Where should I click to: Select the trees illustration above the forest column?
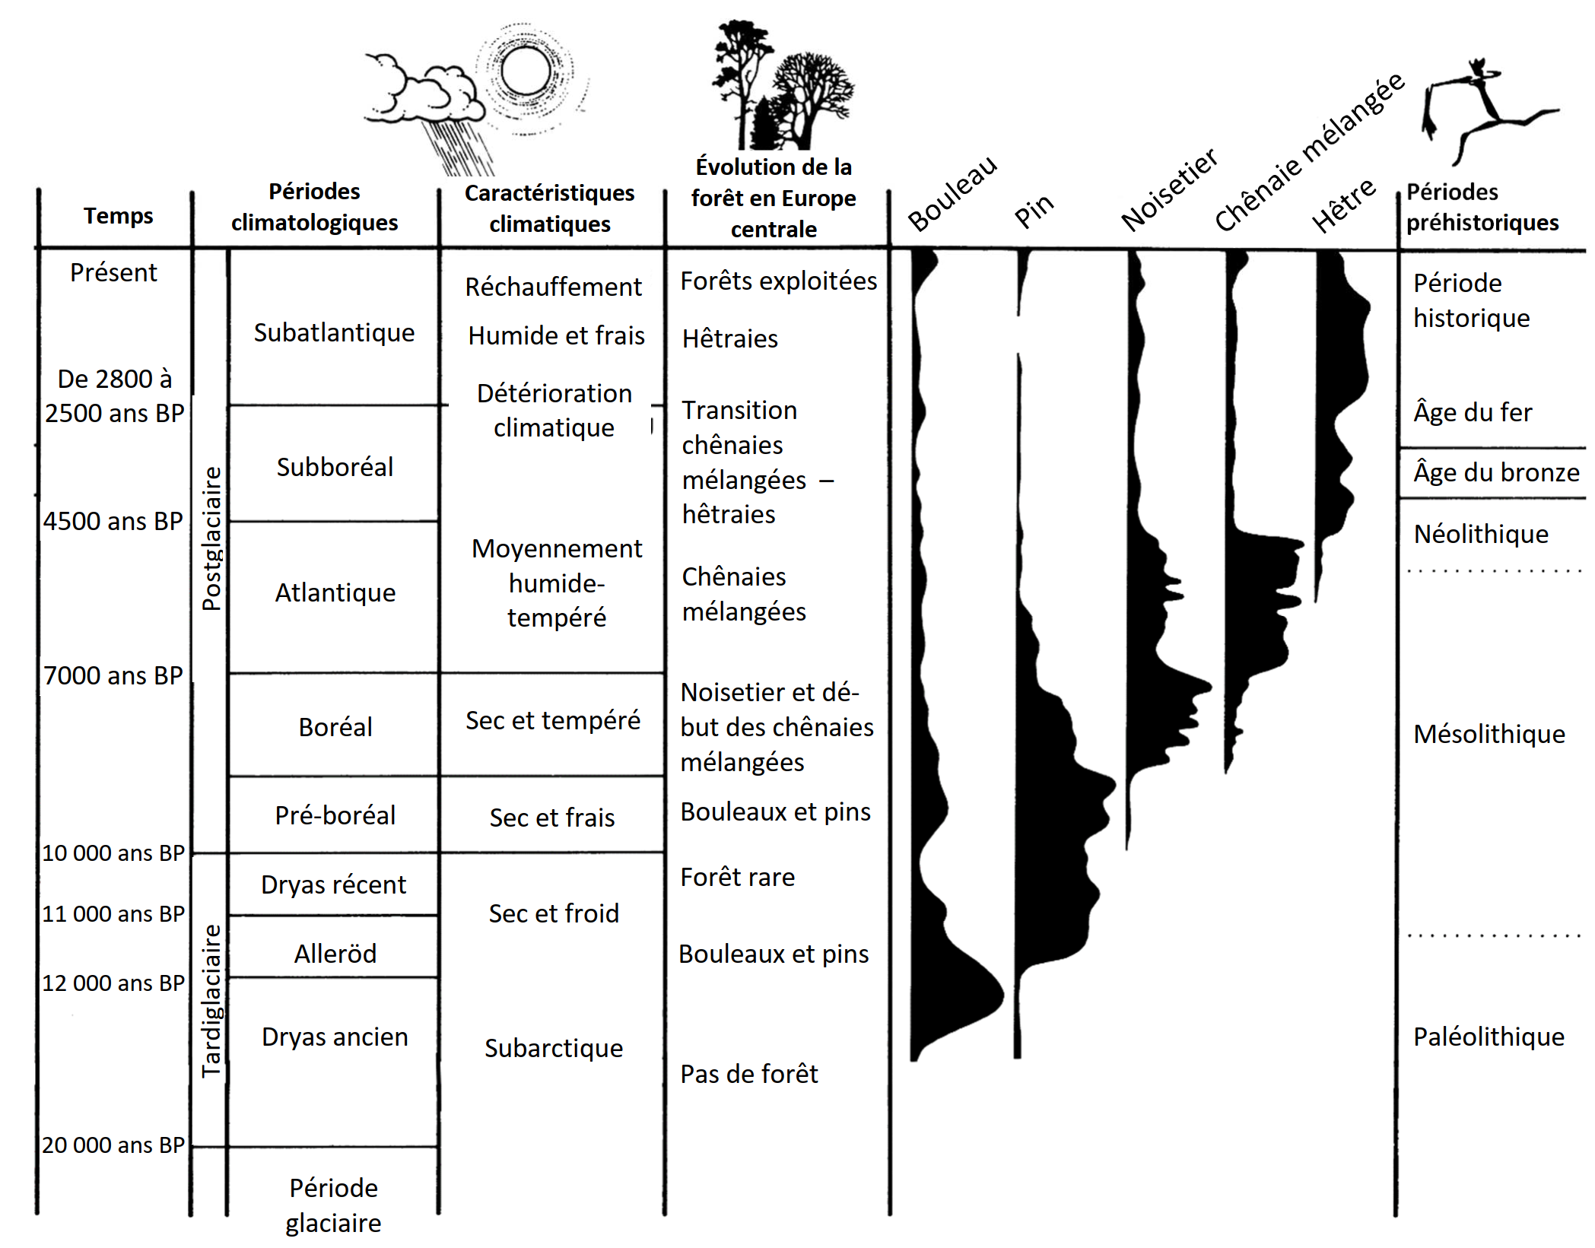tap(780, 87)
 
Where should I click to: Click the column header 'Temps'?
tap(118, 216)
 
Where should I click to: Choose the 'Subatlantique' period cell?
tap(334, 332)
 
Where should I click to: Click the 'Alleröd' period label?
tap(335, 954)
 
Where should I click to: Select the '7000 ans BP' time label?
tap(113, 675)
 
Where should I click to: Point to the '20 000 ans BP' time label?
tap(113, 1145)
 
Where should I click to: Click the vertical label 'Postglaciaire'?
tap(211, 538)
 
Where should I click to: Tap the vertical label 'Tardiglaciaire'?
tap(211, 1001)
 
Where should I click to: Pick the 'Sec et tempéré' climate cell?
tap(553, 720)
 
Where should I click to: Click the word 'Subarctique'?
tap(554, 1048)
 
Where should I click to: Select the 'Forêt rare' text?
tap(737, 877)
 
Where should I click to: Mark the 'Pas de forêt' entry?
tap(748, 1074)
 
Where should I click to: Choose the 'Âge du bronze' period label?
tap(1496, 472)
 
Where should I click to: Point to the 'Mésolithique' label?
tap(1489, 734)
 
